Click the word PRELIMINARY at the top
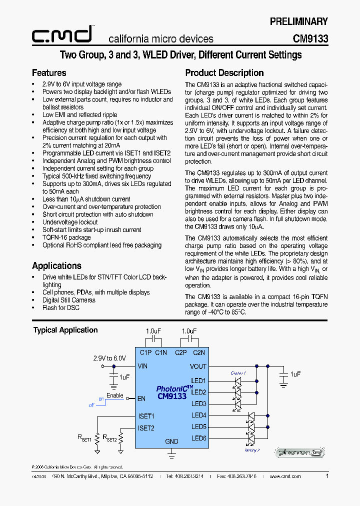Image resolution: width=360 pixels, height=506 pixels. tap(298, 21)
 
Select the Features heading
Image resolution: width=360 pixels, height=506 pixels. tap(49, 73)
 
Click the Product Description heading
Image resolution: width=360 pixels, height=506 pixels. tap(224, 73)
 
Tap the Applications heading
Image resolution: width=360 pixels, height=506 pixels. tap(56, 266)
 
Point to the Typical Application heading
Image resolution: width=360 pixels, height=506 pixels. tap(65, 330)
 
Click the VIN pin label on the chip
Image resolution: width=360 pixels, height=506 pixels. tap(142, 366)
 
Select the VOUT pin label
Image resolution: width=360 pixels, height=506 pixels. tap(198, 366)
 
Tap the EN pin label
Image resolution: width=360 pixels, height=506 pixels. tap(141, 398)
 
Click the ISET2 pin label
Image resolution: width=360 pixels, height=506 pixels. tap(146, 428)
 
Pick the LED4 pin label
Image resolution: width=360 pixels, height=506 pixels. tap(198, 415)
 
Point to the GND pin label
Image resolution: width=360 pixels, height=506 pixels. tap(171, 441)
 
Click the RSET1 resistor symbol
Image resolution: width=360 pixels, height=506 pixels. tap(98, 438)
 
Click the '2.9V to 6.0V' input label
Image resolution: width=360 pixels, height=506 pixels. tap(109, 358)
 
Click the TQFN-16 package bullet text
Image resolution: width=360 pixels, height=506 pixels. tap(66, 237)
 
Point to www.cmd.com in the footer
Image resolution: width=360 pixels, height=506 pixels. tap(285, 476)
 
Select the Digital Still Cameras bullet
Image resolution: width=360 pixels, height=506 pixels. tap(69, 300)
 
